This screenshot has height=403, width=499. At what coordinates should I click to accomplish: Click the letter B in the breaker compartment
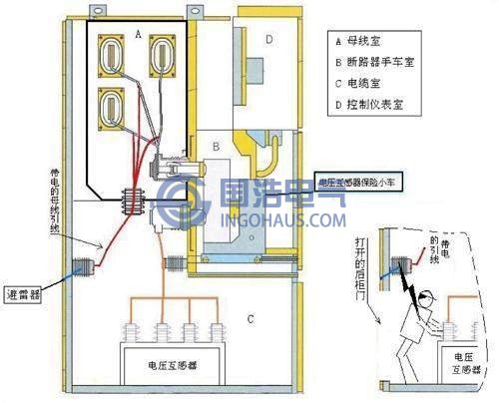215,148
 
